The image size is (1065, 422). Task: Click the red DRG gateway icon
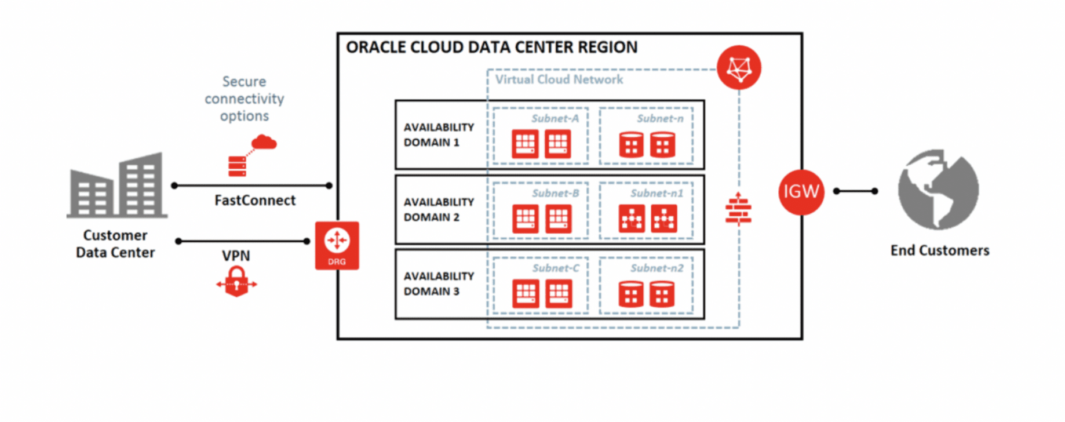click(337, 245)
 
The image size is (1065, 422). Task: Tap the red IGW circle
click(801, 192)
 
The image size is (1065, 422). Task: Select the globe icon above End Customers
click(938, 190)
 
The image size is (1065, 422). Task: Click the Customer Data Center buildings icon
click(117, 185)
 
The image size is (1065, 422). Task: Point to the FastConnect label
click(255, 201)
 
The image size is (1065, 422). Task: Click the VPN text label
click(236, 256)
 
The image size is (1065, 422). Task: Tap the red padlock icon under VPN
click(236, 282)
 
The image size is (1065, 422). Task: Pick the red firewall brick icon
click(738, 210)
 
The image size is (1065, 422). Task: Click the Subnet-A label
click(555, 119)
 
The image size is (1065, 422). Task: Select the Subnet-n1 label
click(656, 194)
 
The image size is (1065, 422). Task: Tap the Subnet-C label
click(556, 268)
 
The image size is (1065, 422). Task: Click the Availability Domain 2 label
click(439, 209)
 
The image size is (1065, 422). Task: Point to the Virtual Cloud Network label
click(559, 80)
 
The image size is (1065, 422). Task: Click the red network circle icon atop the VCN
click(739, 68)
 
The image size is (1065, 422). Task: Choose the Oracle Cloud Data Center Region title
click(491, 48)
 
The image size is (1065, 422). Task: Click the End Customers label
click(939, 250)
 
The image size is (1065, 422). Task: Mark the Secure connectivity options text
click(244, 99)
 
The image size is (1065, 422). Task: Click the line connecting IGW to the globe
click(855, 191)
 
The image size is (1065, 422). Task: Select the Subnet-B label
click(555, 194)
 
